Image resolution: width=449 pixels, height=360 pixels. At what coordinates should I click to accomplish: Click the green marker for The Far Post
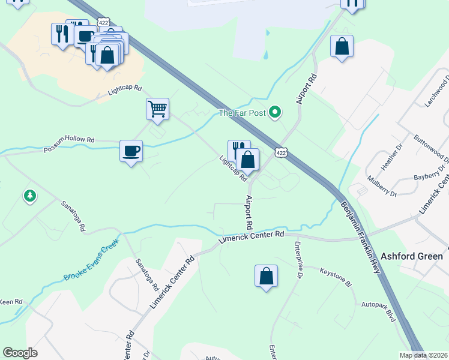coord(276,112)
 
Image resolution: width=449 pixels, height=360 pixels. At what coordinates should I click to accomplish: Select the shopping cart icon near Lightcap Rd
coord(157,110)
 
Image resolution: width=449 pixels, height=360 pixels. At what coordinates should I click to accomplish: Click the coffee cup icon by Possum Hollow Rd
coord(131,151)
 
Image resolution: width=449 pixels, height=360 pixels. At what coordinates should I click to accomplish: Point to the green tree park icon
coord(29,196)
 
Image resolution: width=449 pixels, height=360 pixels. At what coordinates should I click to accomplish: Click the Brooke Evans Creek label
coord(91,261)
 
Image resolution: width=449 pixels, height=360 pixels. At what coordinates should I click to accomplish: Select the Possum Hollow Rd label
coord(69,144)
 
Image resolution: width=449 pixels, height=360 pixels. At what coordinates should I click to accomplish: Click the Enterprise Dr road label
coord(298,260)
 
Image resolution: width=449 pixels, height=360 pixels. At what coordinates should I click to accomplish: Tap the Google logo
coord(20,353)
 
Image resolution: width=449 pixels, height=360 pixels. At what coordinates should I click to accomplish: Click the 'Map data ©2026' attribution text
coord(423,355)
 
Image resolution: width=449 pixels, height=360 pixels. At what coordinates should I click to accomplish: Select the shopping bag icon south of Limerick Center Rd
coord(266,277)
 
